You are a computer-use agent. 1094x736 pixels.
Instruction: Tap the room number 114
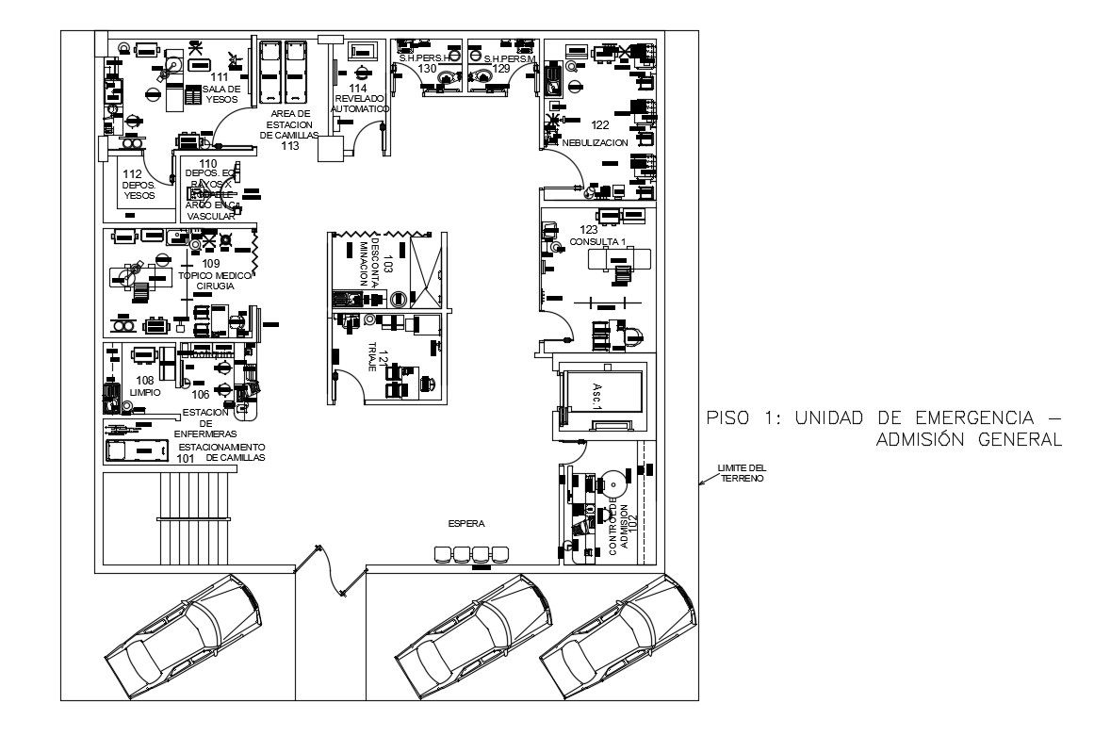click(359, 89)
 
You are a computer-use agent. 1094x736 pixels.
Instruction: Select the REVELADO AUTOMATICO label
click(359, 104)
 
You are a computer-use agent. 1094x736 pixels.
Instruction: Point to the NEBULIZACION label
click(595, 142)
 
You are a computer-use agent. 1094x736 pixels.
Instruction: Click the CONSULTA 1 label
click(597, 242)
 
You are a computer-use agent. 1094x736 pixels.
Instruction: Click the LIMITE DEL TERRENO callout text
click(742, 472)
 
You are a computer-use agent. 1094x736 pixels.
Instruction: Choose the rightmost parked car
click(619, 638)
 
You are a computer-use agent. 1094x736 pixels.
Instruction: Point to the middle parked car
click(473, 636)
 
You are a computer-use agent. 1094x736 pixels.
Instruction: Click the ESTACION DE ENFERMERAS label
click(210, 422)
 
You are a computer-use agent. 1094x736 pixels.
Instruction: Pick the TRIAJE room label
click(372, 356)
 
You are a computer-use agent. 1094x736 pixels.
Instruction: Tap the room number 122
click(600, 124)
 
